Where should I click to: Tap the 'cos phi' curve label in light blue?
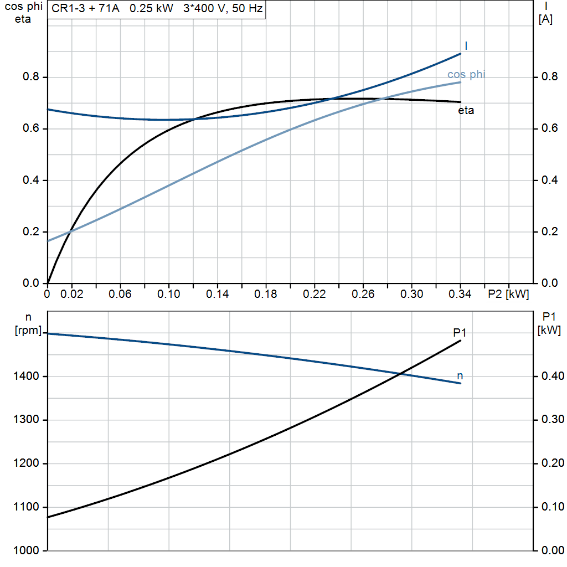[466, 75]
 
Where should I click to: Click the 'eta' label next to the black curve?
[466, 110]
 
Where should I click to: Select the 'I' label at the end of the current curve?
[466, 46]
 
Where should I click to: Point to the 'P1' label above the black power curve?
[460, 332]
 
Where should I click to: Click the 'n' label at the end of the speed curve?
[460, 376]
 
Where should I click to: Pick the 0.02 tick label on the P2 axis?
[72, 294]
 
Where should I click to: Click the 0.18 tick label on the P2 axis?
[266, 294]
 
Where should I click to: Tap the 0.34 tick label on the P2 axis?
[460, 294]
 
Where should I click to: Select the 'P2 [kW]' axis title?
[508, 294]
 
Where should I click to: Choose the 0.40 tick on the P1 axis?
[552, 377]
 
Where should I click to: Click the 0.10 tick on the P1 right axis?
[552, 507]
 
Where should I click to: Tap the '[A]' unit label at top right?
[545, 19]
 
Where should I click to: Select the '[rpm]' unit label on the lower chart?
[28, 331]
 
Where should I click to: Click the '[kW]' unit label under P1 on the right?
[549, 331]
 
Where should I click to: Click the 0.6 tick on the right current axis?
[546, 128]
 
